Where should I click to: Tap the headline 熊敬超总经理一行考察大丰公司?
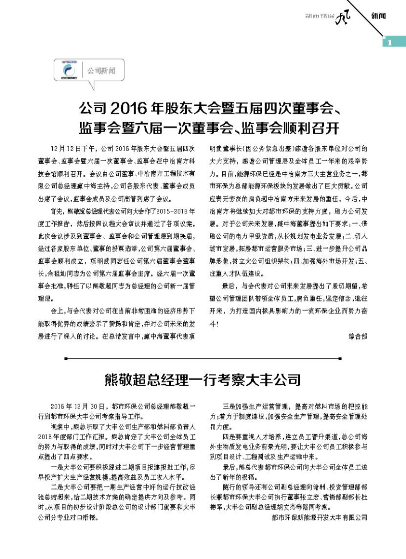202,379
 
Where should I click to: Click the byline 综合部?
359,336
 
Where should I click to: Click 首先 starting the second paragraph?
56,211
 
